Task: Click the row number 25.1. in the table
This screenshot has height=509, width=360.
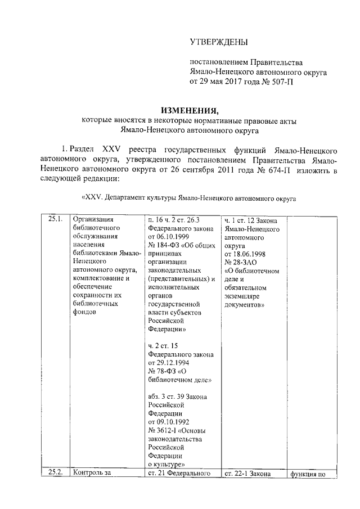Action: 55,219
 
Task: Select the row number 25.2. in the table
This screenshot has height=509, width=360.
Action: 55,473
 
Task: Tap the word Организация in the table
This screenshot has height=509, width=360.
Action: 90,219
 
